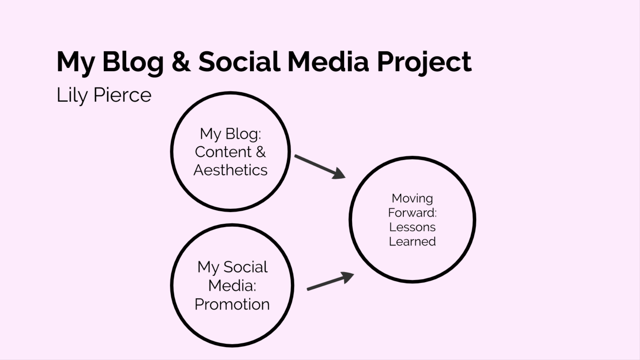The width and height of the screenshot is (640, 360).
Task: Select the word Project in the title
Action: [424, 63]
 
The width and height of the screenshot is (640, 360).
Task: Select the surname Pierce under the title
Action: [122, 95]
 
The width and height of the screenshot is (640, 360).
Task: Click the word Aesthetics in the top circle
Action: [230, 170]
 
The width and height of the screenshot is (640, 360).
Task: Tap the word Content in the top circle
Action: [223, 152]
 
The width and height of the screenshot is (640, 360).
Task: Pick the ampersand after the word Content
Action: [261, 152]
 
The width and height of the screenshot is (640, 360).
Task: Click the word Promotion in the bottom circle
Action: [232, 304]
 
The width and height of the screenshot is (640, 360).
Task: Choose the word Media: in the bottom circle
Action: [232, 286]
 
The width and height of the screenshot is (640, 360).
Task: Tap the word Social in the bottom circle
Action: [245, 267]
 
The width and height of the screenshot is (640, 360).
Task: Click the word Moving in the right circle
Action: [412, 199]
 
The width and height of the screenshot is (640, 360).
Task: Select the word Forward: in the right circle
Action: [412, 213]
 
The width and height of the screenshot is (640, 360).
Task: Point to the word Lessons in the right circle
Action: [412, 227]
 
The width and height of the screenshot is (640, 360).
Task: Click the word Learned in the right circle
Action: [412, 241]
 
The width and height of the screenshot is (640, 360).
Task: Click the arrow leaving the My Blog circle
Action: [320, 167]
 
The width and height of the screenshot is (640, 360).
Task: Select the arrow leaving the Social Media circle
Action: [330, 281]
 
